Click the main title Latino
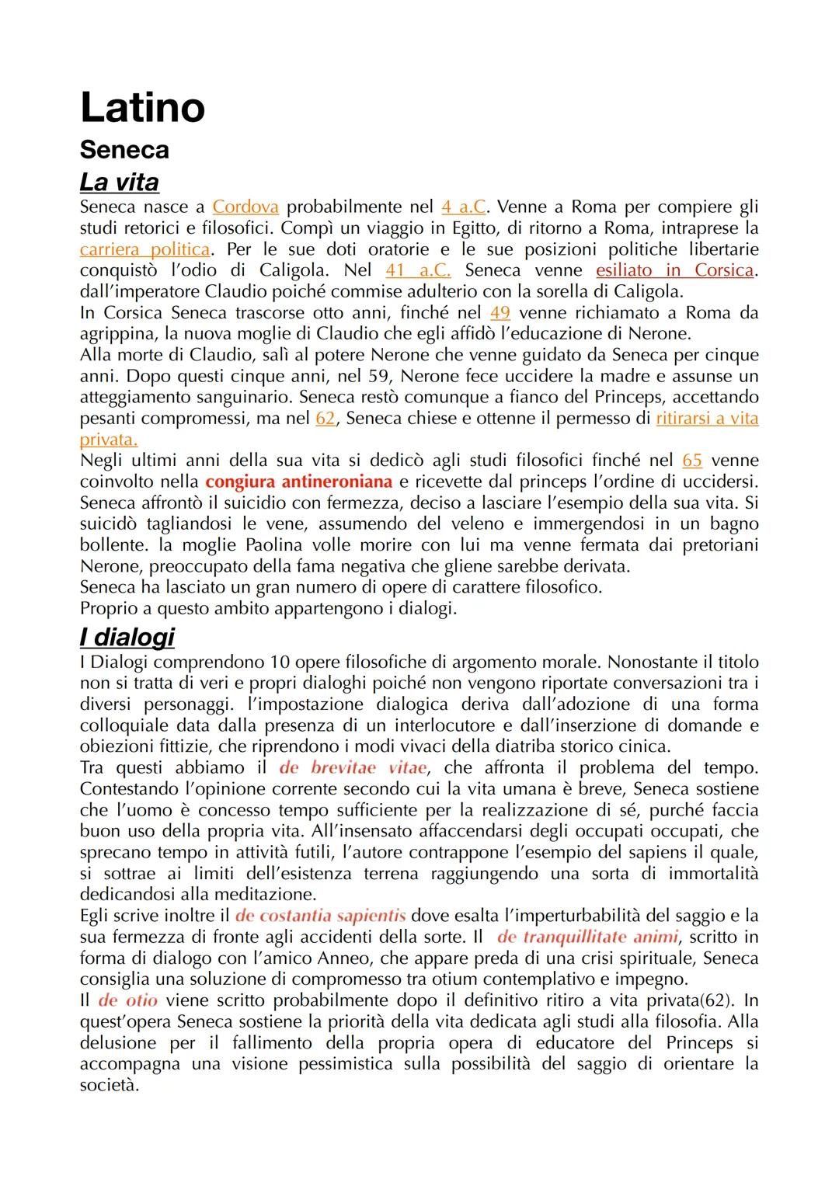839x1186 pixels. (x=142, y=107)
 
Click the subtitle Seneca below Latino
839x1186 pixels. (x=124, y=150)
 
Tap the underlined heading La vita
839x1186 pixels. (x=119, y=182)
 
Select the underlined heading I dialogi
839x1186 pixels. (x=127, y=637)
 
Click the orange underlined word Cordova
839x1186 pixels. (x=245, y=207)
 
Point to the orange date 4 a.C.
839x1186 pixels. (x=464, y=207)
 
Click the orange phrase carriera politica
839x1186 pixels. (x=144, y=249)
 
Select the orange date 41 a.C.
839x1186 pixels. (x=418, y=270)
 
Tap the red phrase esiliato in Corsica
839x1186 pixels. (x=675, y=270)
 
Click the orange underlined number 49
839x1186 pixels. (x=500, y=313)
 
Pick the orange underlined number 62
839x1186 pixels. (x=326, y=419)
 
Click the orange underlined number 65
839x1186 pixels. (x=692, y=461)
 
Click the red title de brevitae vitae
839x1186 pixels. (x=353, y=768)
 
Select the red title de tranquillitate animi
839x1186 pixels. (x=587, y=937)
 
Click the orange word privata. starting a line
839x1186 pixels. (x=109, y=440)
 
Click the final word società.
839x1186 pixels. (x=109, y=1085)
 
